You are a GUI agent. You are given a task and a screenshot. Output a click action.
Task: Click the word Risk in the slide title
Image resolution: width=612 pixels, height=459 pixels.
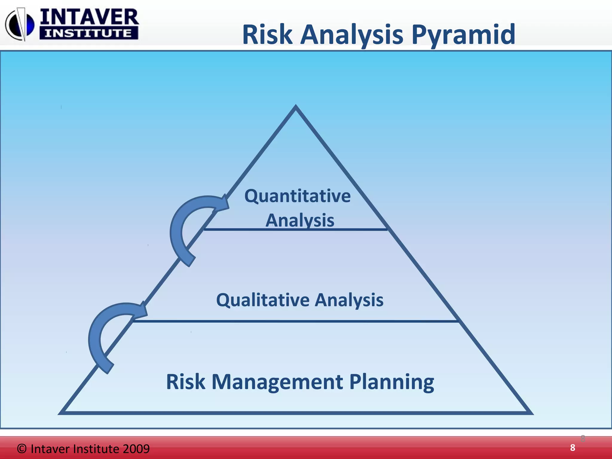tap(267, 35)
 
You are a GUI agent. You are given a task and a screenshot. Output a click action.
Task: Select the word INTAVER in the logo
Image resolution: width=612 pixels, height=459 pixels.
tap(89, 17)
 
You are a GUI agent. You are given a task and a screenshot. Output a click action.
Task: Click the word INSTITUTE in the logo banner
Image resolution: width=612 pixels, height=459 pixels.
tap(88, 33)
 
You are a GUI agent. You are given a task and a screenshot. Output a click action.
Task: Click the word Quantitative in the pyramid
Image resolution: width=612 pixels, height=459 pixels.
tap(297, 196)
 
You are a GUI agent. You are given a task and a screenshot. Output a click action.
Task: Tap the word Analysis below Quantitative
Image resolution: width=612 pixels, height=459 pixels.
tap(300, 220)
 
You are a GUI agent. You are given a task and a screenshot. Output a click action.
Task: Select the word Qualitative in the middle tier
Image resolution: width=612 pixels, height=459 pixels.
tap(263, 300)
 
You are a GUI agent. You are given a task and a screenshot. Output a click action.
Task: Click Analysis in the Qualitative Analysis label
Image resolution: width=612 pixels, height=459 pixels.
tap(349, 300)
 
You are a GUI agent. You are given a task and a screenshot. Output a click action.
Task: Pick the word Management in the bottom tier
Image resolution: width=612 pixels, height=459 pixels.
tap(277, 382)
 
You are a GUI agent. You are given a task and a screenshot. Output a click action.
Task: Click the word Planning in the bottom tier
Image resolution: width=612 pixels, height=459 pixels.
tap(391, 382)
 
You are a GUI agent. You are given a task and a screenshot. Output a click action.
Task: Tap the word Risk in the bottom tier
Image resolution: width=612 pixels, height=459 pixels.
tap(186, 382)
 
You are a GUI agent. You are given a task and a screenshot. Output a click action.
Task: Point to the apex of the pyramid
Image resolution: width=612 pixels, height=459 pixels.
tap(296, 107)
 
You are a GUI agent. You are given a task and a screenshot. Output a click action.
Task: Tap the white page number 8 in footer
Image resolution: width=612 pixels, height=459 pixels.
tap(572, 448)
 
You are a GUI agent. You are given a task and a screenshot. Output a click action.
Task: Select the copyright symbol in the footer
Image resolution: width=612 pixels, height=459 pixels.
tap(22, 449)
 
